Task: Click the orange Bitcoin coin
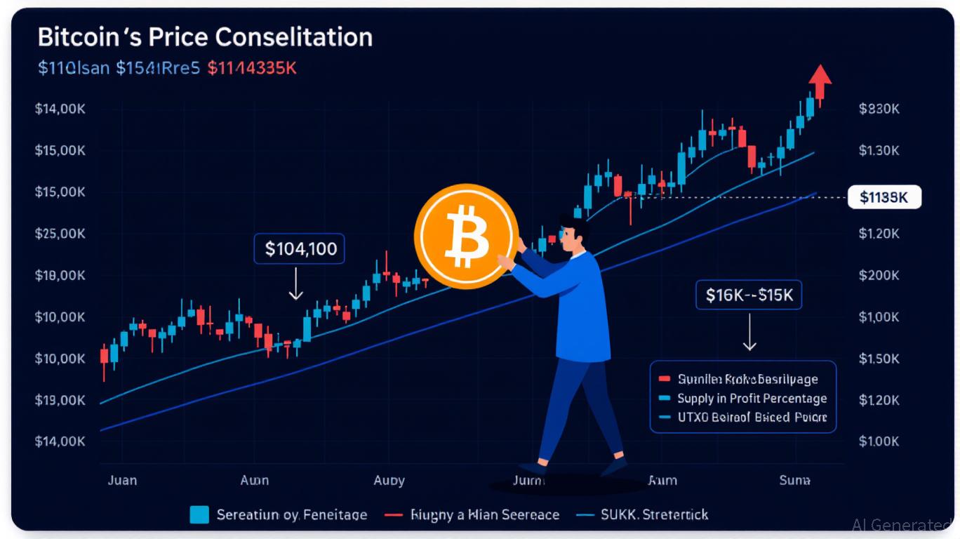(x=466, y=237)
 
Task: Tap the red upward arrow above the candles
(x=819, y=81)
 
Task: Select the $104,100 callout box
(x=299, y=248)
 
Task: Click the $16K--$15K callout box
(x=749, y=295)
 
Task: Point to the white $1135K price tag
(x=884, y=198)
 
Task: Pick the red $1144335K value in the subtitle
(x=252, y=69)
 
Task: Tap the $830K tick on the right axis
(x=879, y=109)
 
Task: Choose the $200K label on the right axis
(x=879, y=275)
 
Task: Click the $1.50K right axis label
(x=879, y=359)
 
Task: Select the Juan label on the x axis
(x=123, y=480)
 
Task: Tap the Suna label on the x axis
(x=794, y=480)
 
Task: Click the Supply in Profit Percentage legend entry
(x=752, y=399)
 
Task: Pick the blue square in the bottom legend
(x=199, y=515)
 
